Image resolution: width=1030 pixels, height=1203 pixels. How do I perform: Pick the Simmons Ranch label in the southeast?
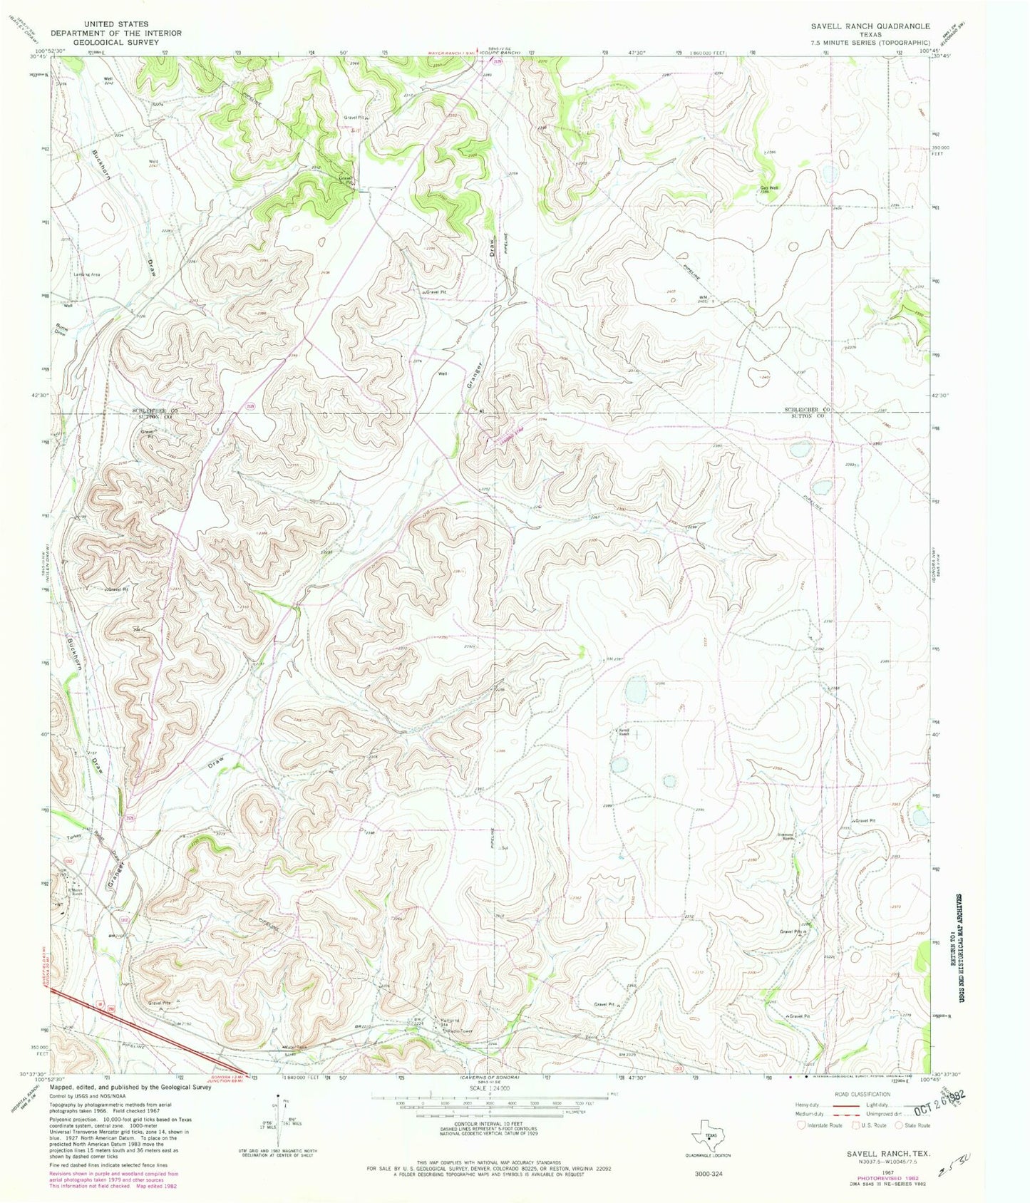pyautogui.click(x=804, y=836)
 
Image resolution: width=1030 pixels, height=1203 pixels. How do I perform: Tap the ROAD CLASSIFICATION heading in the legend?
pyautogui.click(x=853, y=1094)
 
